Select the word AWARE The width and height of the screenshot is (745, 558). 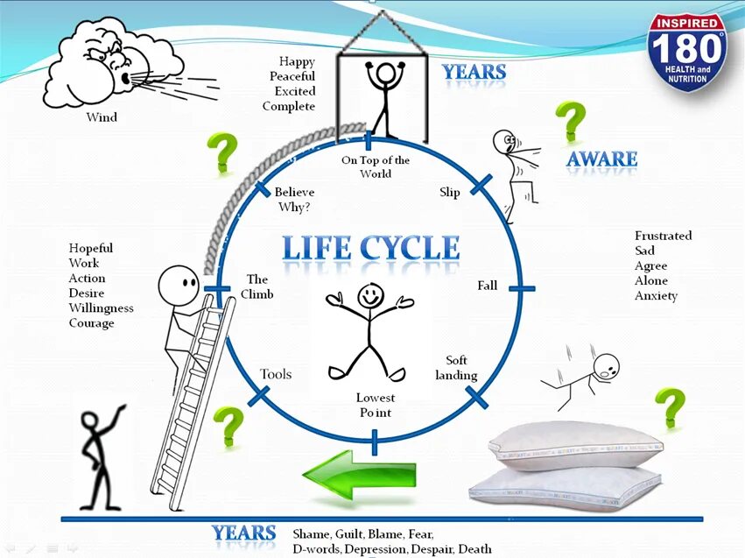pyautogui.click(x=601, y=159)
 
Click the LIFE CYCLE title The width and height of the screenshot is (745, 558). pyautogui.click(x=371, y=249)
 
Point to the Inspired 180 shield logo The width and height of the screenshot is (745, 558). pyautogui.click(x=687, y=52)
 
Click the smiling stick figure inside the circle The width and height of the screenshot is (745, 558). pyautogui.click(x=369, y=328)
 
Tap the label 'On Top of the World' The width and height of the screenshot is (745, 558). pyautogui.click(x=375, y=166)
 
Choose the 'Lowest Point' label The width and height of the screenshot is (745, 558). pyautogui.click(x=374, y=405)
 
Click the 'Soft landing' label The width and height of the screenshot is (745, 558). pyautogui.click(x=461, y=368)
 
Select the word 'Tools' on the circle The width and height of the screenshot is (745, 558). pyautogui.click(x=276, y=374)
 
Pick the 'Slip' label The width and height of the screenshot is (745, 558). pyautogui.click(x=449, y=192)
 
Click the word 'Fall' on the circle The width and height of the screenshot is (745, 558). pyautogui.click(x=487, y=286)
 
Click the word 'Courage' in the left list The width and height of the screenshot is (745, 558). pyautogui.click(x=92, y=323)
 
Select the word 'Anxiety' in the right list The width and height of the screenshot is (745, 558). pyautogui.click(x=657, y=296)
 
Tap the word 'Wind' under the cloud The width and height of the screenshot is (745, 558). pyautogui.click(x=102, y=117)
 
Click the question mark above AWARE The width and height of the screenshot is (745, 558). pyautogui.click(x=571, y=121)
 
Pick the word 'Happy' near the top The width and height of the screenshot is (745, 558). pyautogui.click(x=297, y=61)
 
